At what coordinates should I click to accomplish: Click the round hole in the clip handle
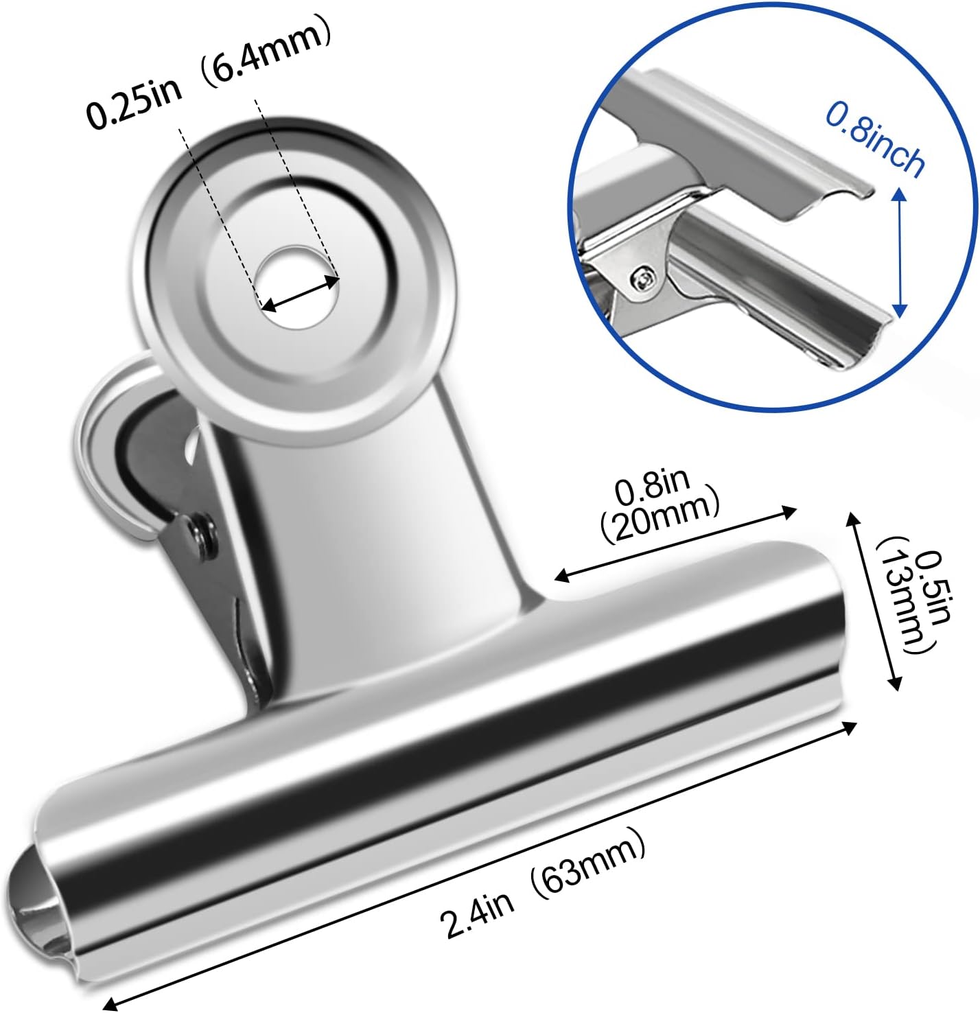pyautogui.click(x=296, y=285)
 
